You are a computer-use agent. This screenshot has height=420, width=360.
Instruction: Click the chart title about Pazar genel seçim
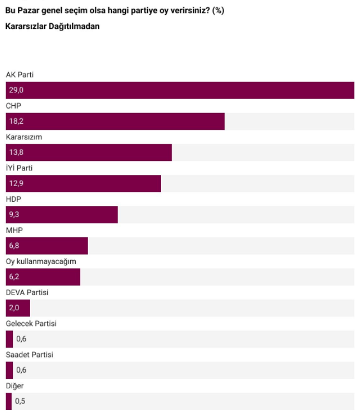click(x=115, y=11)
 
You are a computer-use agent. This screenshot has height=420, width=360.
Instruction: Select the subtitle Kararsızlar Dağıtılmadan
click(x=52, y=26)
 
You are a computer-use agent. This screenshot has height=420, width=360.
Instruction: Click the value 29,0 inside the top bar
click(x=16, y=90)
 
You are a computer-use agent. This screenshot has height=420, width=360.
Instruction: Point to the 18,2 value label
click(x=16, y=121)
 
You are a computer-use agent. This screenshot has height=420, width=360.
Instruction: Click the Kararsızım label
click(x=23, y=136)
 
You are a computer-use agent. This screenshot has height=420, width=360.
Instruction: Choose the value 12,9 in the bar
click(x=16, y=184)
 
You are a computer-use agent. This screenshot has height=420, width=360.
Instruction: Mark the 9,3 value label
click(x=14, y=215)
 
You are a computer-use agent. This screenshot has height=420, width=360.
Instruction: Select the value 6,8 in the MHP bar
click(x=14, y=246)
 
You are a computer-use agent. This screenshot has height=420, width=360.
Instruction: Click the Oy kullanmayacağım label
click(x=41, y=261)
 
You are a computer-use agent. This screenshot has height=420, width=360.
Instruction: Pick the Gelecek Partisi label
click(x=31, y=323)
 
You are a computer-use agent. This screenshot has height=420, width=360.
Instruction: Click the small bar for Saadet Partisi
click(x=9, y=370)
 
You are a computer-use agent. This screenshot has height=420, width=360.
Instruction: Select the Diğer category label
click(x=14, y=385)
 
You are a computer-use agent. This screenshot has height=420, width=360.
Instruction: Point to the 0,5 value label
click(x=21, y=401)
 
